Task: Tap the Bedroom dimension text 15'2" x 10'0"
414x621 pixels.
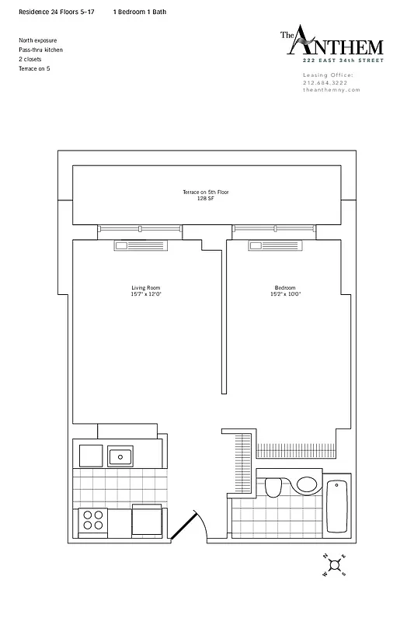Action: [x=284, y=294]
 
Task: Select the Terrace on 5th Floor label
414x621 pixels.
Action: [x=205, y=192]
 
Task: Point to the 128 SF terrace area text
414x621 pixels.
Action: [x=205, y=198]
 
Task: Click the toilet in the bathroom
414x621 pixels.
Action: [x=273, y=487]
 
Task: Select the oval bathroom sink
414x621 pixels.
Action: [x=306, y=485]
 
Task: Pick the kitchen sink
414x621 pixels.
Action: [x=120, y=456]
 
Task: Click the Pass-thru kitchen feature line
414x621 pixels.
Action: [x=40, y=50]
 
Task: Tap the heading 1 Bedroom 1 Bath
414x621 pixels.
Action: [x=140, y=12]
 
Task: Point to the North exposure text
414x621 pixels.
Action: [x=37, y=40]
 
